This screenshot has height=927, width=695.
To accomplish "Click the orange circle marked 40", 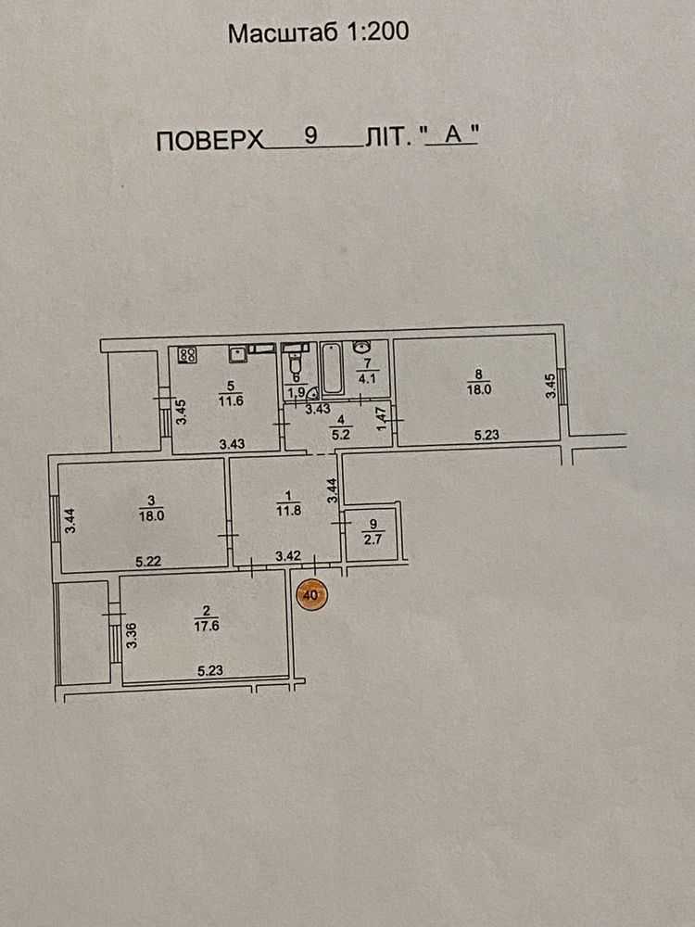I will [310, 594].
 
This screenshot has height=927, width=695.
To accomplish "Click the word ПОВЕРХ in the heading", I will [208, 141].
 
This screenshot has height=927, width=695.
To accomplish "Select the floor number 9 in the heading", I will [310, 135].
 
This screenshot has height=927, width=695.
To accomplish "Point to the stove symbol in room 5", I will [187, 354].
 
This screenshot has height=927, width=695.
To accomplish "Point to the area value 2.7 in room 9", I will [373, 535].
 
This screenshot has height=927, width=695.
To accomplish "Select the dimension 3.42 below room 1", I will [289, 556].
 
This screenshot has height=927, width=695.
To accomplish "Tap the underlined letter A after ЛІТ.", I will [452, 135].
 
